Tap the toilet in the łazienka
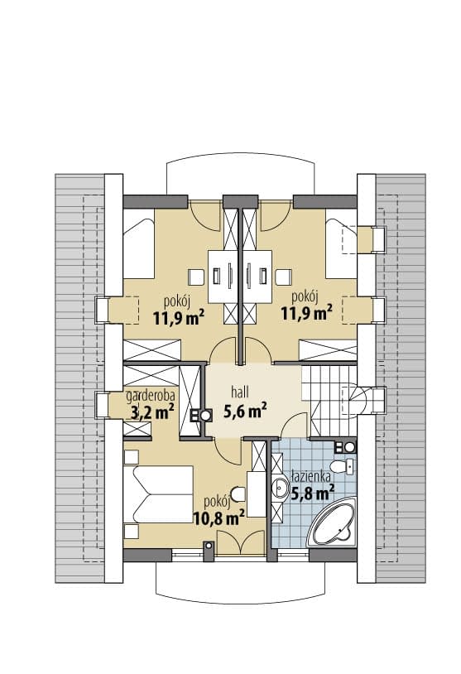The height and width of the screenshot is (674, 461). point(342,466)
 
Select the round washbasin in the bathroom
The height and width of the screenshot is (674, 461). point(281,488)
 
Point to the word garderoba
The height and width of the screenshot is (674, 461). point(151,396)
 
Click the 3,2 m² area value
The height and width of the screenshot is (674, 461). point(152,412)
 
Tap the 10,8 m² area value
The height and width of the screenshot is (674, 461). point(218,518)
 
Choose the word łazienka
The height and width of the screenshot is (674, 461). point(310,477)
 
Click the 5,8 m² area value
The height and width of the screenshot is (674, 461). point(312,493)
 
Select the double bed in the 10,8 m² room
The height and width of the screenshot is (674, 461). point(158,494)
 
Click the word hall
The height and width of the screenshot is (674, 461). point(240,392)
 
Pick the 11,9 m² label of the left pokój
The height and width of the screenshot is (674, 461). point(178,317)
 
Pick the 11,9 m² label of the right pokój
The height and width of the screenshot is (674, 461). point(306,313)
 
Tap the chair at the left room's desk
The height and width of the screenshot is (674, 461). point(195,277)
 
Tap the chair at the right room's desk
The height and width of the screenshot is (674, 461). point(284,277)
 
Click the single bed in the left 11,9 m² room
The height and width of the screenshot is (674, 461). point(139,243)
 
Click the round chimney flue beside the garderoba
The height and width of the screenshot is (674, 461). point(207,415)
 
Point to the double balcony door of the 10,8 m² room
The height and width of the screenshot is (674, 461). point(241,542)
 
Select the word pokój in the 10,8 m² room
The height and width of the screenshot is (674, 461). point(218,502)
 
